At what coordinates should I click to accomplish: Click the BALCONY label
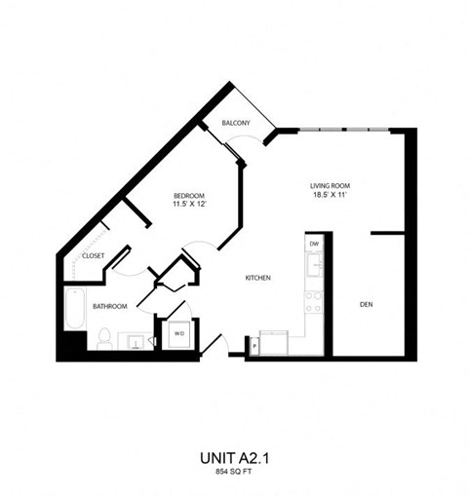click(236, 123)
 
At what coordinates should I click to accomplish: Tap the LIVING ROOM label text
click(330, 185)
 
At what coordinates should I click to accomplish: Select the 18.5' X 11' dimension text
click(330, 195)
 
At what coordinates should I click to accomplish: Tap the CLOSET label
click(94, 255)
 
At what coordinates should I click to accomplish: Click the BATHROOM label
click(110, 306)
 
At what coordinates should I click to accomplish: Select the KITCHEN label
click(256, 278)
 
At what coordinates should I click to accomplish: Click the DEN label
click(366, 305)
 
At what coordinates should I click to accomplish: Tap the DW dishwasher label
click(314, 244)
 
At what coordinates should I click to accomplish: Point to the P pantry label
click(253, 345)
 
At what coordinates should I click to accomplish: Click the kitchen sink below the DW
click(314, 264)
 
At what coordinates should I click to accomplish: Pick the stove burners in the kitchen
click(314, 302)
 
